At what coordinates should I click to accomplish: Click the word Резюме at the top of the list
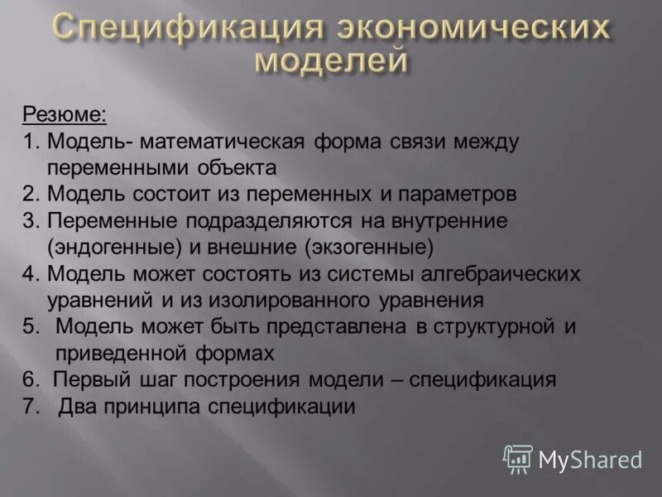[x=75, y=113]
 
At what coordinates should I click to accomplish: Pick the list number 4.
[x=30, y=274]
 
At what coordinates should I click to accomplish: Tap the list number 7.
[x=30, y=406]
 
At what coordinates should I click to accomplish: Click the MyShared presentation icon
[x=518, y=458]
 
